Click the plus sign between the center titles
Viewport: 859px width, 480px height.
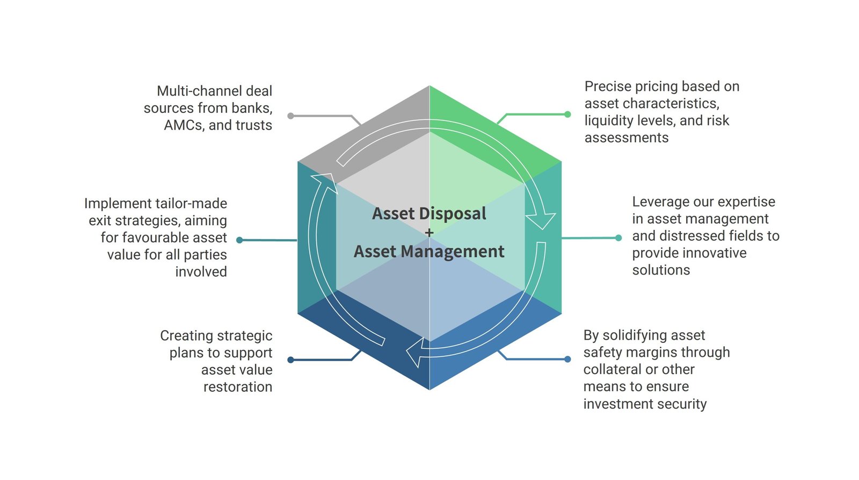tap(429, 233)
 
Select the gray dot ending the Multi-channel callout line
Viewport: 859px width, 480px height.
tap(290, 116)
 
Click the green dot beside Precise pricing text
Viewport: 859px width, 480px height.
tap(567, 114)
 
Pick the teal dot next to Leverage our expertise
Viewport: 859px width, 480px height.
tap(618, 238)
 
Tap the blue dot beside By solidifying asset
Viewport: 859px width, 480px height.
tap(567, 359)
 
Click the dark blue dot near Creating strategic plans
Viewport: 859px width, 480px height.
tap(290, 360)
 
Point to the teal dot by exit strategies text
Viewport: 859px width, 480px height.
tap(239, 240)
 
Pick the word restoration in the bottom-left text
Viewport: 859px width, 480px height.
tap(237, 387)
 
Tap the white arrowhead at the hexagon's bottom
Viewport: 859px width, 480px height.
tap(414, 354)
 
